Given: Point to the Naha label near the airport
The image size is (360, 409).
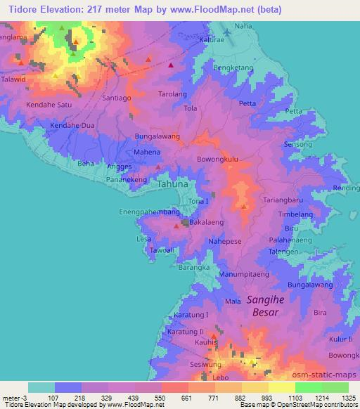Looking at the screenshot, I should click(x=243, y=26).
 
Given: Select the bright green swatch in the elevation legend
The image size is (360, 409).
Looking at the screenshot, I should click(x=308, y=387).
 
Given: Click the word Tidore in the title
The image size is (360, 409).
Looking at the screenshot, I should click(x=20, y=8).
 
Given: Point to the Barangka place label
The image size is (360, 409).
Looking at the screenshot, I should click(x=194, y=268).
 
